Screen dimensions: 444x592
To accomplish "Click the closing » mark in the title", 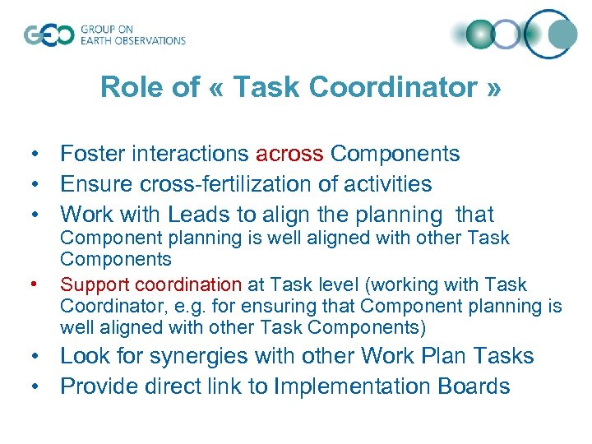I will (493, 87).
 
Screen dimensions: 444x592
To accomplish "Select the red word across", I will (289, 154).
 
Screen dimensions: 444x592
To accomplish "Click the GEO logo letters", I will (49, 35).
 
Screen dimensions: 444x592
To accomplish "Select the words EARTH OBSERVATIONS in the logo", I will (133, 40).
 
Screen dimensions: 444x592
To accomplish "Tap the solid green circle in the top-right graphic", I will (479, 34).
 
